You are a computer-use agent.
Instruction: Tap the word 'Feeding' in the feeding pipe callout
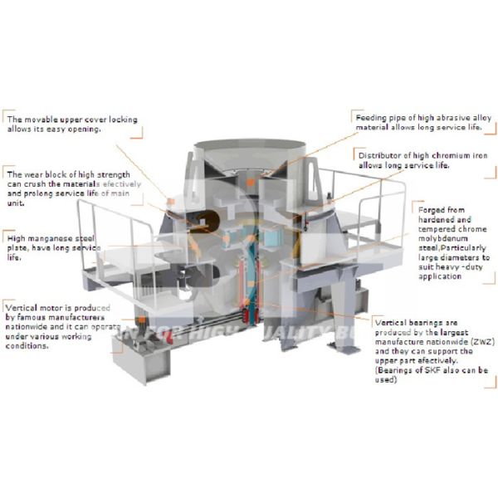click(370, 118)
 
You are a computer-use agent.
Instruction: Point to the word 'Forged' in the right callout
click(435, 209)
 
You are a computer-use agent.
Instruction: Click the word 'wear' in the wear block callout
click(32, 175)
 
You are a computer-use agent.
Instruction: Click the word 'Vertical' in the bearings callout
click(393, 322)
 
